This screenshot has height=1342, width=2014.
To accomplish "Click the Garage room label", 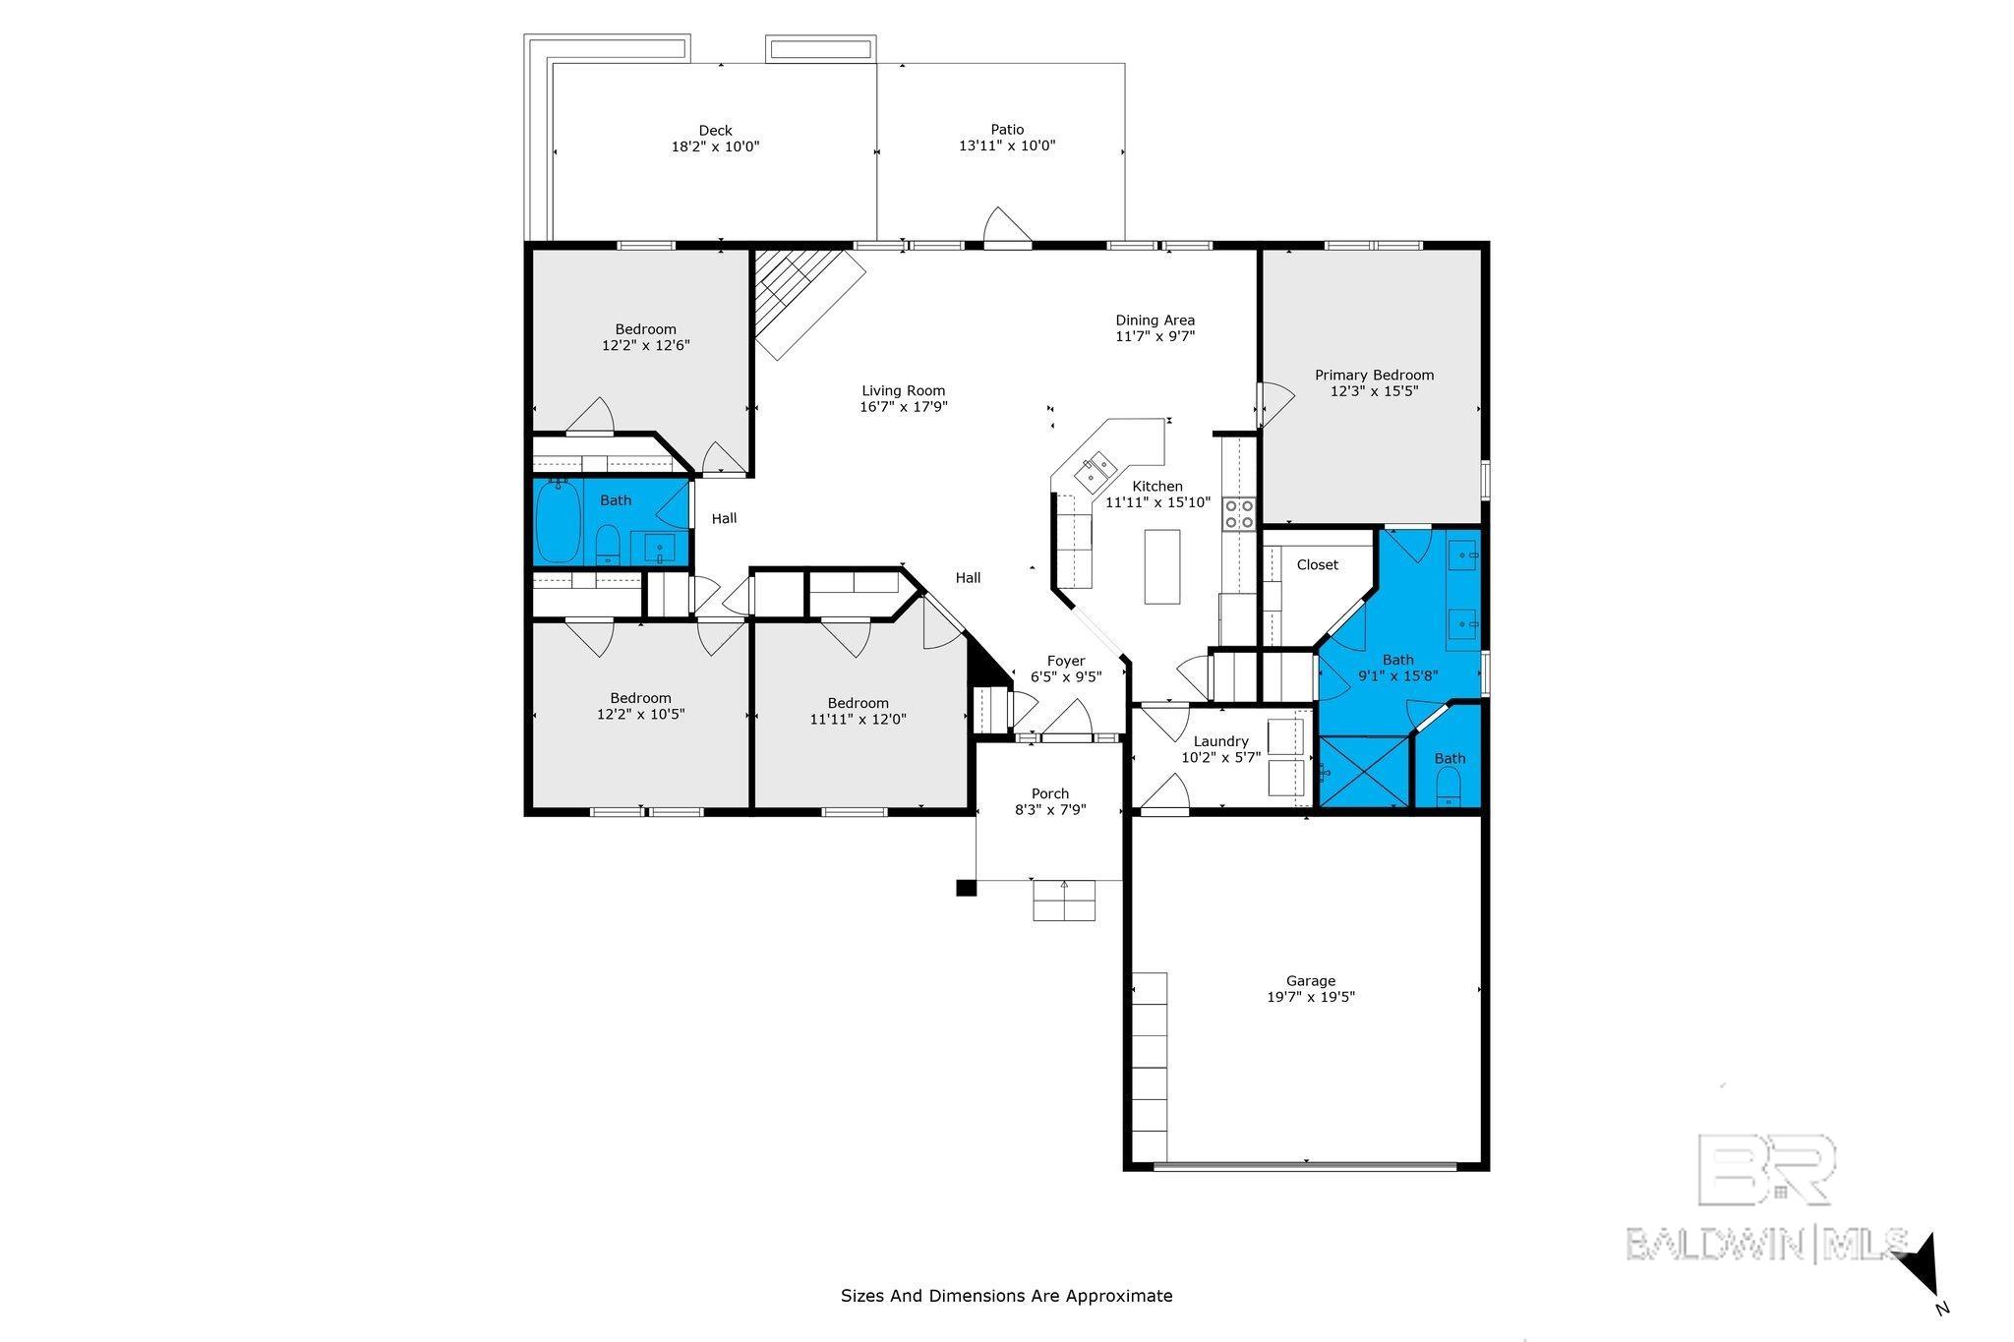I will pos(1311,980).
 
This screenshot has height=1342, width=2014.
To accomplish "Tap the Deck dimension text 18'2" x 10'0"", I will pos(715,146).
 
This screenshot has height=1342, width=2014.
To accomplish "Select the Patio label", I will pos(1007,129).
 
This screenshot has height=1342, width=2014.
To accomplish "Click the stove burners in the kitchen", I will pos(1239,514).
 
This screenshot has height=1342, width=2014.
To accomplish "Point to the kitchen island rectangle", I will pos(1162,566).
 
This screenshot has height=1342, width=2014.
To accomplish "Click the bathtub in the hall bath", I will pos(558,521).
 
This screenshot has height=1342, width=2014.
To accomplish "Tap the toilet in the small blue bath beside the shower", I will pos(1449,788).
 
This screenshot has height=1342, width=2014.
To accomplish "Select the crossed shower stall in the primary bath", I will pos(1362,773).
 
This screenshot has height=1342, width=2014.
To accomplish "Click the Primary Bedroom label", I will pos(1374,375).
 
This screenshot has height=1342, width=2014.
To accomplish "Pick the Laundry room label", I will pos(1220,741).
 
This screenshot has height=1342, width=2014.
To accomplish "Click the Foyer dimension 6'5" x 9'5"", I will pos(1066,676).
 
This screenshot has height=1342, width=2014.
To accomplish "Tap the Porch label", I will pos(1050,793).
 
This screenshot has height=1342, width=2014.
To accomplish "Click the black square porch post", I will pos(966,888).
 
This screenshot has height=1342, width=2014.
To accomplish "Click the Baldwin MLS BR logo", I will pos(1766,1170).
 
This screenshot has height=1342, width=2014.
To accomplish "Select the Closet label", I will pos(1317,564).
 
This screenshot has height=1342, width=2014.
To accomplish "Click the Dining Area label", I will pos(1155,320).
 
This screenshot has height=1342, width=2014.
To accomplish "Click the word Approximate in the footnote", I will pos(1119,1296).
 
